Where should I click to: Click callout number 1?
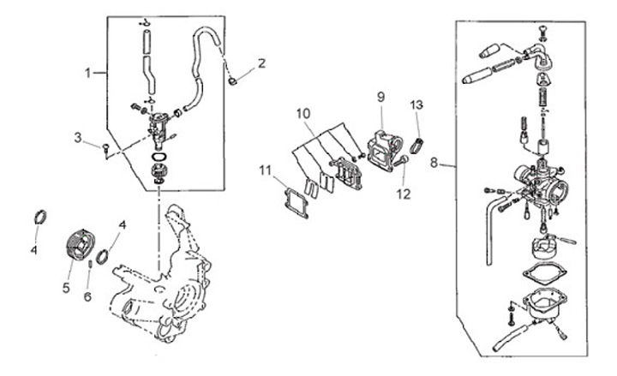[x=87, y=73]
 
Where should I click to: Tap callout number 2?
[x=261, y=63]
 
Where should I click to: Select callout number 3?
[x=78, y=137]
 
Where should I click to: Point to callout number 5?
[x=66, y=288]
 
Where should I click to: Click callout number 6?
[x=87, y=296]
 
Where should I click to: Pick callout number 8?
[x=434, y=163]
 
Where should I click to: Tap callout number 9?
[x=380, y=97]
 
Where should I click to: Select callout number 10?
[x=303, y=114]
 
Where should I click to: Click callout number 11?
[x=265, y=170]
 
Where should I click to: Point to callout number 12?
[x=404, y=194]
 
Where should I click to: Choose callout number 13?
[x=416, y=105]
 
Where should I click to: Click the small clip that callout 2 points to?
[x=232, y=81]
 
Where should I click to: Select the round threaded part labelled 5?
[x=81, y=245]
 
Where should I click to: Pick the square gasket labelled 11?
[x=297, y=203]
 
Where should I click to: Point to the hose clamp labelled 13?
[x=416, y=146]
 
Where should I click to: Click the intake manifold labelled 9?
[x=385, y=151]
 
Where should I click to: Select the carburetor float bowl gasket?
[x=545, y=273]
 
